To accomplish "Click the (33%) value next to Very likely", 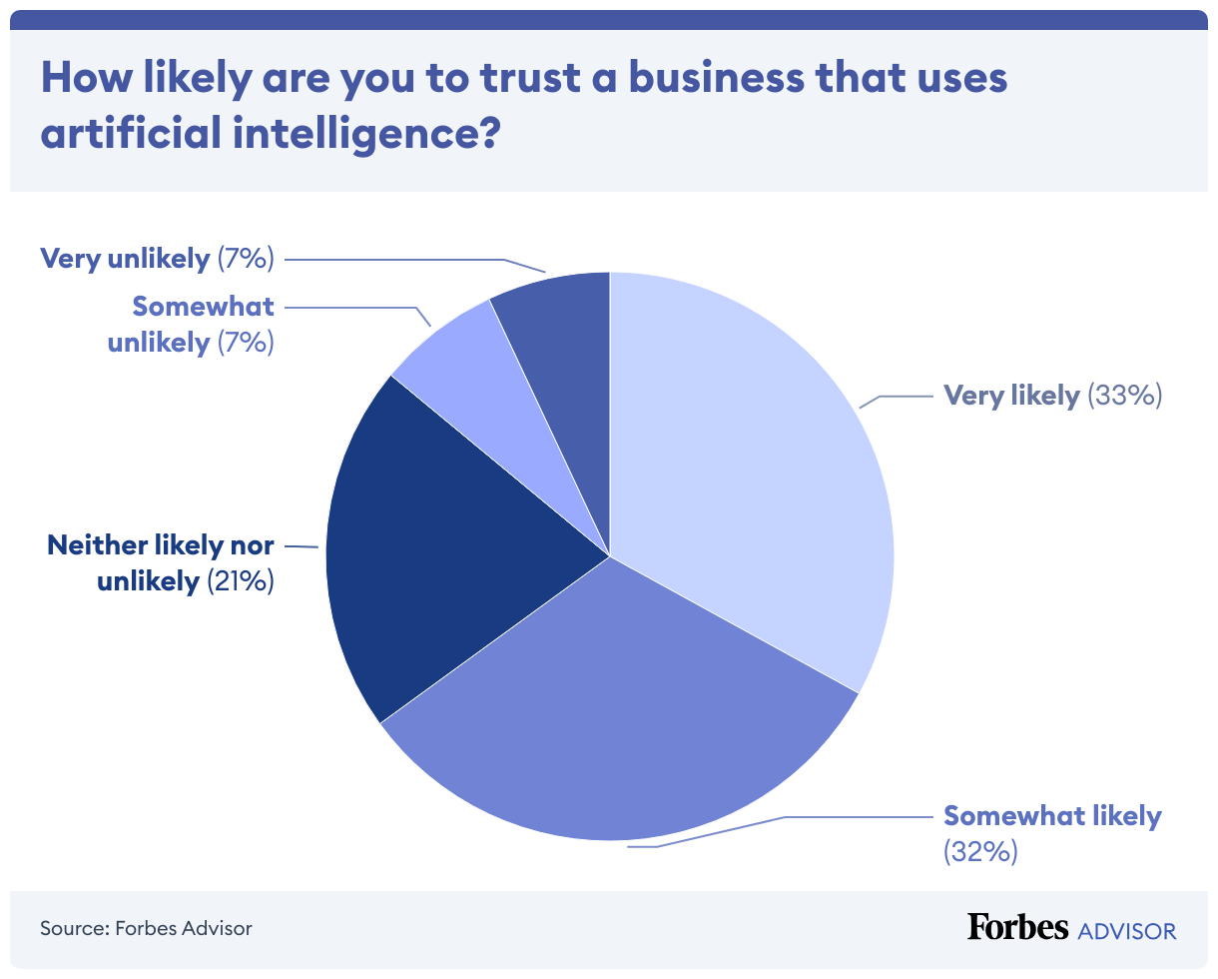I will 1124,396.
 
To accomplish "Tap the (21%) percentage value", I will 240,580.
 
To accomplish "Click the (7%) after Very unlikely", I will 245,259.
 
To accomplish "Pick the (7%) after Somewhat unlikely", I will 245,342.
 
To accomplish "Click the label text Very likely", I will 1011,396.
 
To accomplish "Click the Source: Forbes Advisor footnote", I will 146,928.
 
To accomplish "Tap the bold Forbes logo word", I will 1017,927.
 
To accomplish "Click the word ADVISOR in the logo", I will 1127,931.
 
